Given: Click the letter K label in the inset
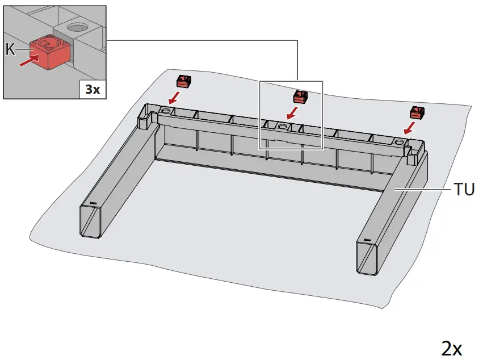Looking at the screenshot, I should pos(10,49).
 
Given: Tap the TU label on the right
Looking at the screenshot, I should pos(463,190).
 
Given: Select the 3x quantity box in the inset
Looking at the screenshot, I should pos(92,89).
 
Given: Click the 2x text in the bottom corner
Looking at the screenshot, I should pos(452,348).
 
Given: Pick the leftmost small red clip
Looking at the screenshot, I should pos(183,80).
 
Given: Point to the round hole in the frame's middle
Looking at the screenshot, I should pos(283,125).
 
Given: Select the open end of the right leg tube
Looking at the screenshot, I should pos(367,259).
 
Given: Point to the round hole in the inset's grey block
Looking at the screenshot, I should pos(74,27).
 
